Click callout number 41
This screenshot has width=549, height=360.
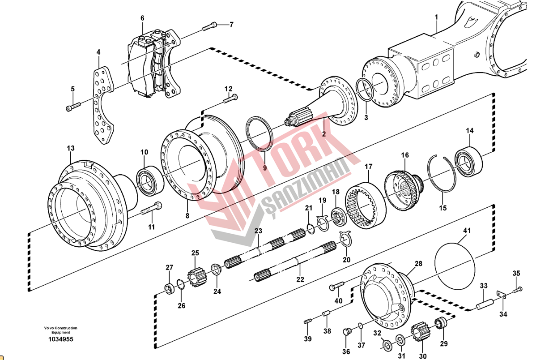click(467, 231)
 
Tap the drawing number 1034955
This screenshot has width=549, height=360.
click(60, 339)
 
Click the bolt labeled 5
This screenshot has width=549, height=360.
click(74, 107)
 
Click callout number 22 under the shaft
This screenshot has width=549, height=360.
click(300, 279)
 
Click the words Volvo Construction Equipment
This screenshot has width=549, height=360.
click(60, 330)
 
